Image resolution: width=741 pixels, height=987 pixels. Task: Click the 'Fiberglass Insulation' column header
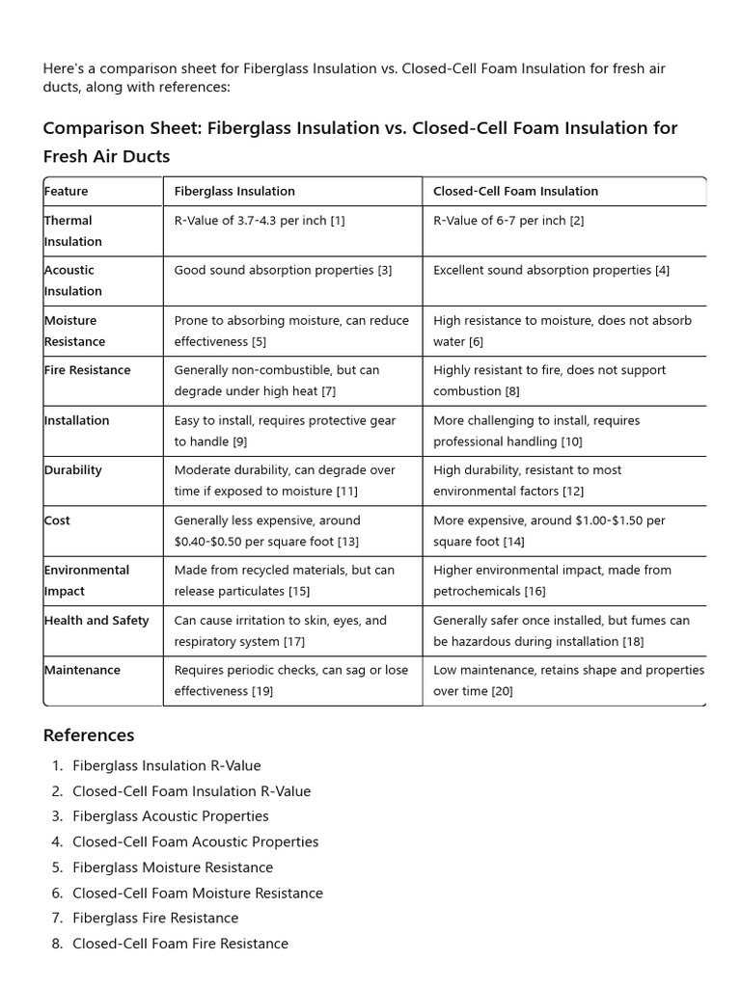point(234,191)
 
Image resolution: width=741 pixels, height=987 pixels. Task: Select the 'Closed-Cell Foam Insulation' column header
point(515,191)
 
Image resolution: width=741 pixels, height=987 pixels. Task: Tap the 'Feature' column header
point(66,191)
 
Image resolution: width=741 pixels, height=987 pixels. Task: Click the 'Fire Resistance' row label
point(87,370)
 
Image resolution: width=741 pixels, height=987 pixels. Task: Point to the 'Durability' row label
point(72,470)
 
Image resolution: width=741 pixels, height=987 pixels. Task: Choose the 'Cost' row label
point(57,520)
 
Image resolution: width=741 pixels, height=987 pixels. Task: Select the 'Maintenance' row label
point(82,670)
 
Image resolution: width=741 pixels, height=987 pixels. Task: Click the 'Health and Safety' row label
point(96,621)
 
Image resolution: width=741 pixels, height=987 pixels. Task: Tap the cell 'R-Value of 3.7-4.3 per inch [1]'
point(259,221)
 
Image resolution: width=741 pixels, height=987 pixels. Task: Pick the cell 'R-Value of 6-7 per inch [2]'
point(508,221)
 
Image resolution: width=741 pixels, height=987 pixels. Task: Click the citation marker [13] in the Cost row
point(347,542)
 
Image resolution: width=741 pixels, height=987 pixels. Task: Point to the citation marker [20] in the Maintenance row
point(502,691)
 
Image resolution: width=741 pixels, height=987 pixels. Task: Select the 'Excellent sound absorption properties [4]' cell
point(551,271)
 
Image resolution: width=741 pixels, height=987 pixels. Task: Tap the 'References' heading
point(89,735)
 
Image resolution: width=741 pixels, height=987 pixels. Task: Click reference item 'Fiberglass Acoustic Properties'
point(171,816)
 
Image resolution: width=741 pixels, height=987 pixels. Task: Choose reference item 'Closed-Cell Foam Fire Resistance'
point(180,944)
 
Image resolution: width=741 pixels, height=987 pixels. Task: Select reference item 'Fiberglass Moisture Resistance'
point(173,867)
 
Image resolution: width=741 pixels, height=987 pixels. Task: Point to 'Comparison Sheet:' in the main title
point(123,128)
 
